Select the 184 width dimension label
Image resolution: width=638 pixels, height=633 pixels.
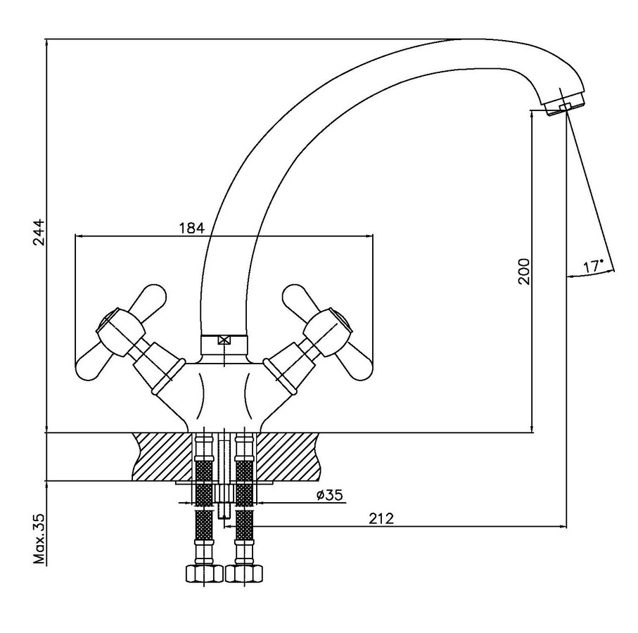point(191,228)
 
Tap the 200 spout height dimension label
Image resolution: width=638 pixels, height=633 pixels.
point(523,271)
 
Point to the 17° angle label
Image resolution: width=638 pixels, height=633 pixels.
point(594,266)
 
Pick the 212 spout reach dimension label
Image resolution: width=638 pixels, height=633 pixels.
point(381,518)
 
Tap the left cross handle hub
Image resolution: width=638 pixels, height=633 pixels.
point(121,330)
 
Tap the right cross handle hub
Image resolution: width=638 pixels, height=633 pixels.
point(328,330)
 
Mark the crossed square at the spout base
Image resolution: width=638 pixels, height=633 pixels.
point(224,341)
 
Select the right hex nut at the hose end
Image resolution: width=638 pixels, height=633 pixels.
point(244,574)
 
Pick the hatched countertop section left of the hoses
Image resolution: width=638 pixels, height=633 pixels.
point(162,456)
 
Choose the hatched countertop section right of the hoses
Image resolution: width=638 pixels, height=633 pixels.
point(286,456)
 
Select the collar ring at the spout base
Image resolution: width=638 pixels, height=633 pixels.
point(224,345)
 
